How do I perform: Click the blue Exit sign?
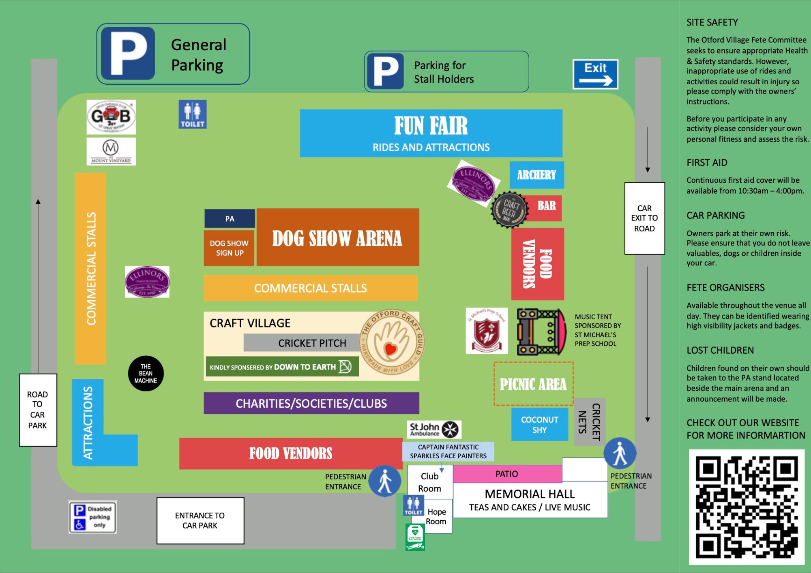tap(595, 74)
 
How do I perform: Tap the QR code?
tap(747, 507)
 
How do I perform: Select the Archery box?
tap(536, 175)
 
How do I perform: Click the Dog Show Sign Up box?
tap(229, 248)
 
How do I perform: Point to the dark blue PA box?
tap(230, 219)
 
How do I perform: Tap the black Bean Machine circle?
tap(146, 374)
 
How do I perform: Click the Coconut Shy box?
tap(539, 425)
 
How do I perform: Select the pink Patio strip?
tap(507, 474)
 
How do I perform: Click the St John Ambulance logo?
tap(434, 430)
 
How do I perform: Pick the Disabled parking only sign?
tap(92, 517)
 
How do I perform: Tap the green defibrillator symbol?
tap(415, 537)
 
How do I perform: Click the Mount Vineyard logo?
tap(111, 151)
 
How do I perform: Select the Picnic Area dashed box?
tap(533, 384)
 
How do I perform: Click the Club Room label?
tap(429, 482)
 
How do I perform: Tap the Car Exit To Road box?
tap(644, 218)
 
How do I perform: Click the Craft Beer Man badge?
tap(509, 210)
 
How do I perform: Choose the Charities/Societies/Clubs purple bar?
tap(311, 403)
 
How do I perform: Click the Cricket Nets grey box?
tap(590, 422)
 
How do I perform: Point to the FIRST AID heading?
tap(707, 162)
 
